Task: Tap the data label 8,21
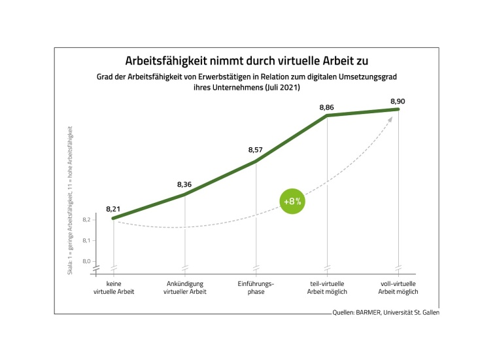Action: [x=113, y=209]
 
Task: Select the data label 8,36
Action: [x=184, y=185]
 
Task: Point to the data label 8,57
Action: [x=256, y=150]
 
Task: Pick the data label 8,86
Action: [x=327, y=107]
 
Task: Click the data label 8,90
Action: [x=398, y=101]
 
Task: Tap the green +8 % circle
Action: [x=292, y=201]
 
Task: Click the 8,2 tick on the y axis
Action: [x=86, y=220]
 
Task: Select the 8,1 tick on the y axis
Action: [x=86, y=241]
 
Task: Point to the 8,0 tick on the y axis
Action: [x=86, y=261]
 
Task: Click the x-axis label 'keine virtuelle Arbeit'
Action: [x=114, y=287]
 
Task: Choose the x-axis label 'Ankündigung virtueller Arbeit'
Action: [x=184, y=287]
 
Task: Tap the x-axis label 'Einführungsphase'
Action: [x=256, y=287]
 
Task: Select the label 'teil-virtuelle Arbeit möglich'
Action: [x=327, y=287]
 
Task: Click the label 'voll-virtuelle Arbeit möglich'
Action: [x=398, y=287]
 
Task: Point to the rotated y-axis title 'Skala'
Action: [x=71, y=196]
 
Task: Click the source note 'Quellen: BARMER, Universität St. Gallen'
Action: [x=386, y=313]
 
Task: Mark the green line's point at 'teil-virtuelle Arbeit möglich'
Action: [x=327, y=116]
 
